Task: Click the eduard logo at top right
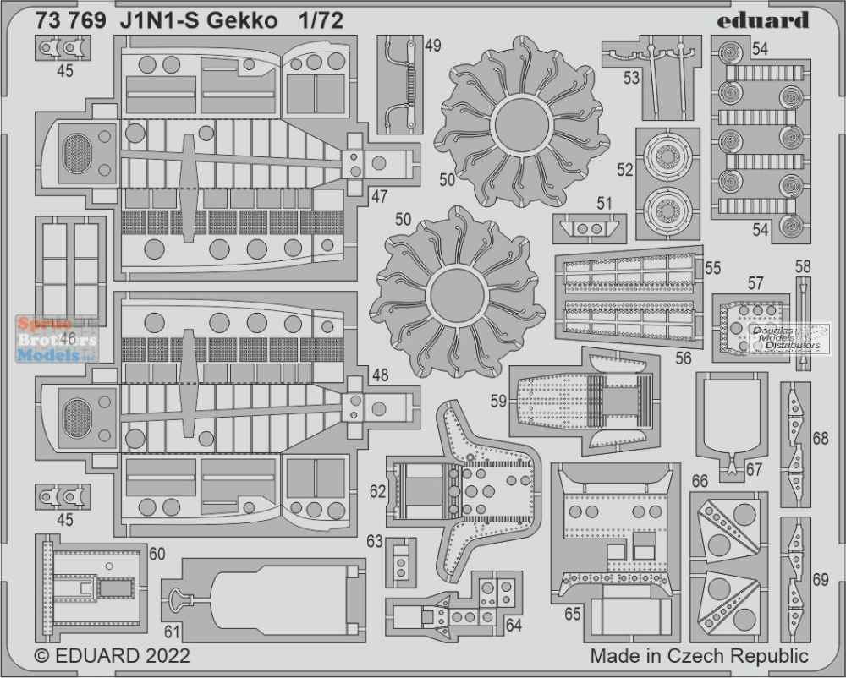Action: click(x=763, y=21)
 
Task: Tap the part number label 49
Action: click(x=432, y=46)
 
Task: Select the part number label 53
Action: click(x=631, y=78)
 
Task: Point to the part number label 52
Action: click(x=625, y=170)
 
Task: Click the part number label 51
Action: click(x=604, y=203)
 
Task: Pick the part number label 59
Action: click(x=498, y=401)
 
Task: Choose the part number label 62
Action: click(x=377, y=491)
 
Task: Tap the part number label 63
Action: click(x=375, y=540)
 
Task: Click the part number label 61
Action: click(x=172, y=631)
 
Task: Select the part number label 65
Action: click(x=573, y=614)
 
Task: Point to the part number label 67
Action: click(x=754, y=470)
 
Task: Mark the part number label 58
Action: click(x=803, y=266)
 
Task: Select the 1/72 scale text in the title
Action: click(x=321, y=20)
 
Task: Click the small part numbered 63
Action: click(x=401, y=562)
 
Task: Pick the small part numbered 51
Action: click(x=589, y=228)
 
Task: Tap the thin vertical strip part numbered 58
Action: click(x=804, y=324)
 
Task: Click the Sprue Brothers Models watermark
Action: click(x=57, y=339)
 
